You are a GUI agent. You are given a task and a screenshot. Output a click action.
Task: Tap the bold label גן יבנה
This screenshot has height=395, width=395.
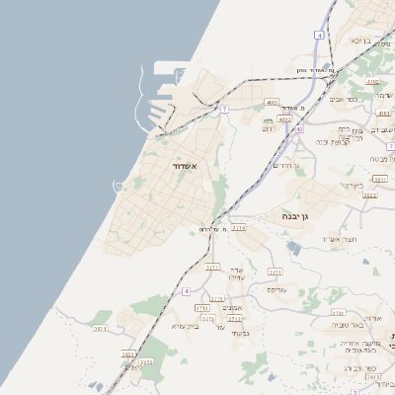[297, 215]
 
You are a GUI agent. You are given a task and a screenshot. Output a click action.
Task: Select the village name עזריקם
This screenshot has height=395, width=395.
[277, 289]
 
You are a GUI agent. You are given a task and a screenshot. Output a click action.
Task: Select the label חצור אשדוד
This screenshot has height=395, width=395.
[337, 240]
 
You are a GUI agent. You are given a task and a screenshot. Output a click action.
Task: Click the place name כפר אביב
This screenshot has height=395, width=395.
[343, 100]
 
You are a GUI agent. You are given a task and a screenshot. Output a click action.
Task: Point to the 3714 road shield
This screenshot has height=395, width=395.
[238, 228]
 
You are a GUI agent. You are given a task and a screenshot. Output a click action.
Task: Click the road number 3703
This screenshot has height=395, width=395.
[338, 313]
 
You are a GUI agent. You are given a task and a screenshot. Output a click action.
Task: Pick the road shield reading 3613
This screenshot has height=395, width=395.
[372, 376]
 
